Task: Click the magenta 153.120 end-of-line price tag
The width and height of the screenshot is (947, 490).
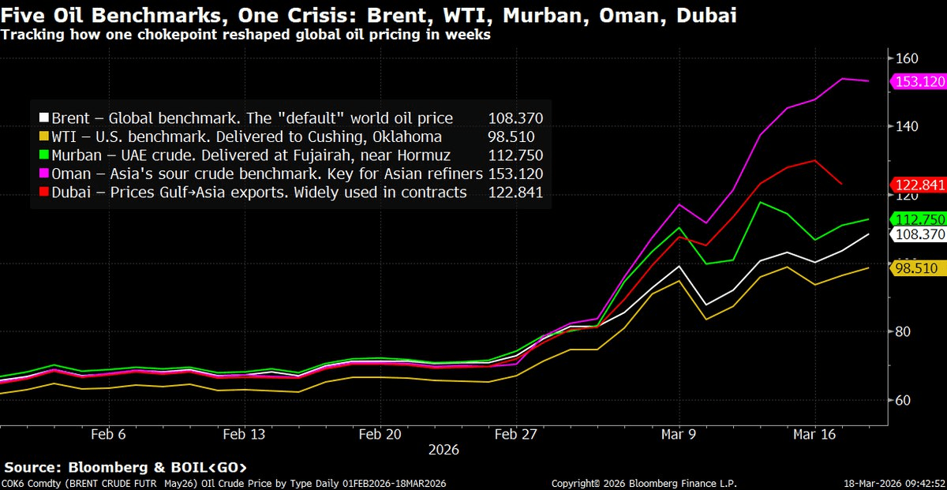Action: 917,81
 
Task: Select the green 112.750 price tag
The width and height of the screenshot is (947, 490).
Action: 917,219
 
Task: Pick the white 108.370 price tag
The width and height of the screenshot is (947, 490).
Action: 917,234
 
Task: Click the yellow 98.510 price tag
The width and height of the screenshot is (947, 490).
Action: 917,268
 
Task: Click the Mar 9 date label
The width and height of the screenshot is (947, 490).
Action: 679,433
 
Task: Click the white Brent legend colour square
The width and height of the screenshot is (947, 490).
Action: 45,118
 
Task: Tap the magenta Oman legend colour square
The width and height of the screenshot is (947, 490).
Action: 45,174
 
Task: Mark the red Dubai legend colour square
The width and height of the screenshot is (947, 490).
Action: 45,193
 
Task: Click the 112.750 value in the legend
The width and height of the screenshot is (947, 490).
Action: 515,155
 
